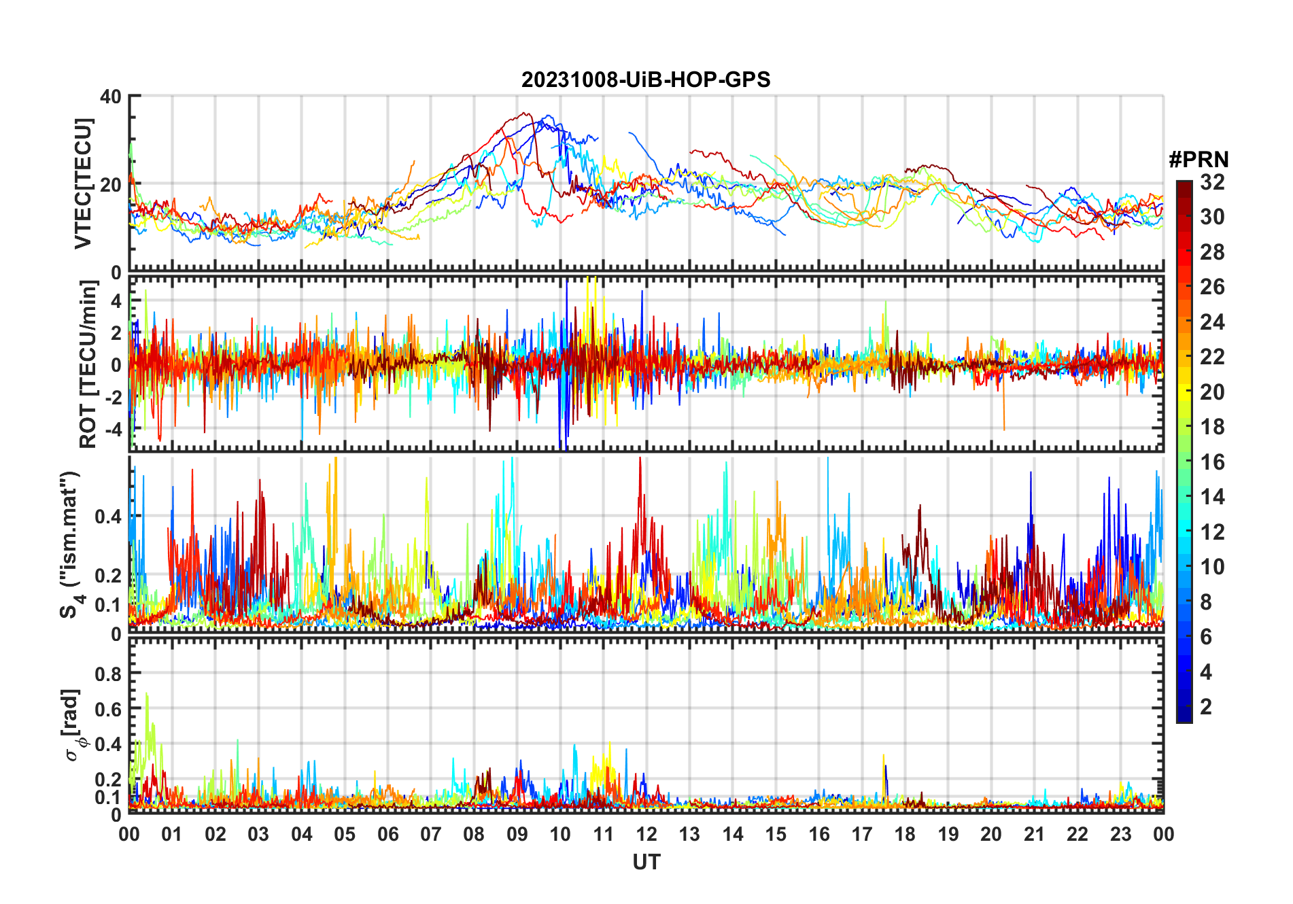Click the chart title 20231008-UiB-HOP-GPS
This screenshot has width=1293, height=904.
click(646, 80)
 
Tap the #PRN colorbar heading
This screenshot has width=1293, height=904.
click(1199, 160)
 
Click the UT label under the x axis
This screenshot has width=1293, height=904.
click(646, 863)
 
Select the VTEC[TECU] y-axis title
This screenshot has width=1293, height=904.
click(84, 184)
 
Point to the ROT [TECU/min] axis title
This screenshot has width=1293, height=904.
click(88, 364)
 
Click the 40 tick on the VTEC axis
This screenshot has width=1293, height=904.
click(111, 97)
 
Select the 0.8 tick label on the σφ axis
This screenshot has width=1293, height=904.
click(108, 674)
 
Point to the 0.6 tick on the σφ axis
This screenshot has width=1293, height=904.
click(108, 709)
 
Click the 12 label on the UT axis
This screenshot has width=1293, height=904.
click(646, 835)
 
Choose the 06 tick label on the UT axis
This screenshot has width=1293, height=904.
click(388, 835)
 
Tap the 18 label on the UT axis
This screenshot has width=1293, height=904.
click(905, 835)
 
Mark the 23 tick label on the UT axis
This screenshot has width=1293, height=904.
click(1120, 835)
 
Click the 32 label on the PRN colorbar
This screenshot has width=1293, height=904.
click(1212, 182)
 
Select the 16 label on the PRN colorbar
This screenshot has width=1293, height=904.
click(1212, 462)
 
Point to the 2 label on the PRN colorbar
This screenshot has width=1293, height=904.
click(1206, 707)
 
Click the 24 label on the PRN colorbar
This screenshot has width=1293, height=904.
click(1212, 322)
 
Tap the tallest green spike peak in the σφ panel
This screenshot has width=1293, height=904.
click(146, 694)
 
